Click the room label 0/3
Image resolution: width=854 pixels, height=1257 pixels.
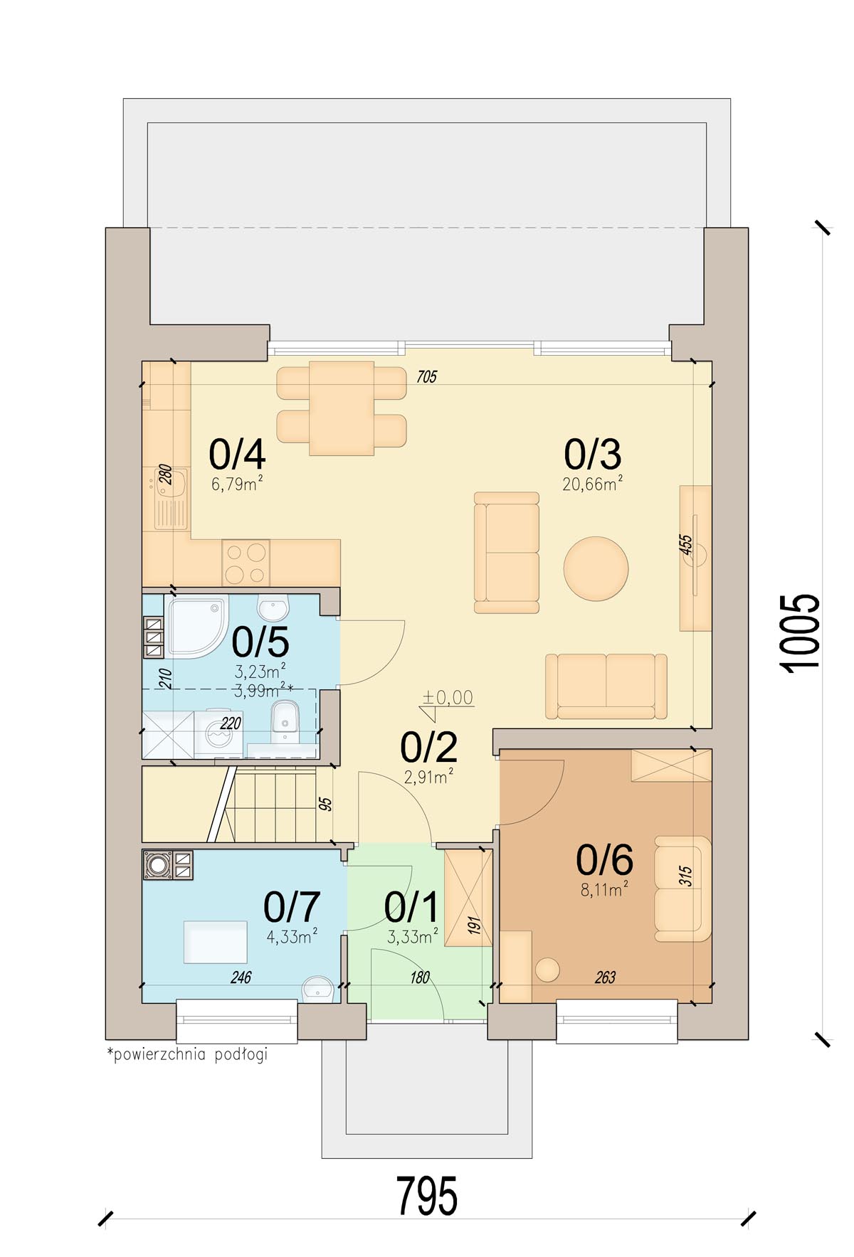[592, 454]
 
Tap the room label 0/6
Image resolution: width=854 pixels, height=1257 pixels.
[604, 860]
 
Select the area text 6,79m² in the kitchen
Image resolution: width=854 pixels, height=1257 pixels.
[237, 484]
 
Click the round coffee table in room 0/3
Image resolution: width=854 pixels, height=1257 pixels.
[596, 568]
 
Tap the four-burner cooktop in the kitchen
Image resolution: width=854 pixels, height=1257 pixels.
[246, 562]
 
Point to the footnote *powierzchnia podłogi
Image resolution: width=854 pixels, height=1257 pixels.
[187, 1054]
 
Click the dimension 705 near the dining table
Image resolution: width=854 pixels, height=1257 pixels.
[426, 377]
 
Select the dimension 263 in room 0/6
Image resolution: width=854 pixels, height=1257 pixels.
[605, 977]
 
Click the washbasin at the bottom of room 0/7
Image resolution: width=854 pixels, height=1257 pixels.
[317, 988]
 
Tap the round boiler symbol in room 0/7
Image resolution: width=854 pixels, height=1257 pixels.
[158, 864]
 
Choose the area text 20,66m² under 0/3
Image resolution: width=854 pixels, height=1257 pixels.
[593, 484]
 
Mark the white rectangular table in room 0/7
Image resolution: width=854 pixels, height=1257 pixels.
[216, 942]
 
